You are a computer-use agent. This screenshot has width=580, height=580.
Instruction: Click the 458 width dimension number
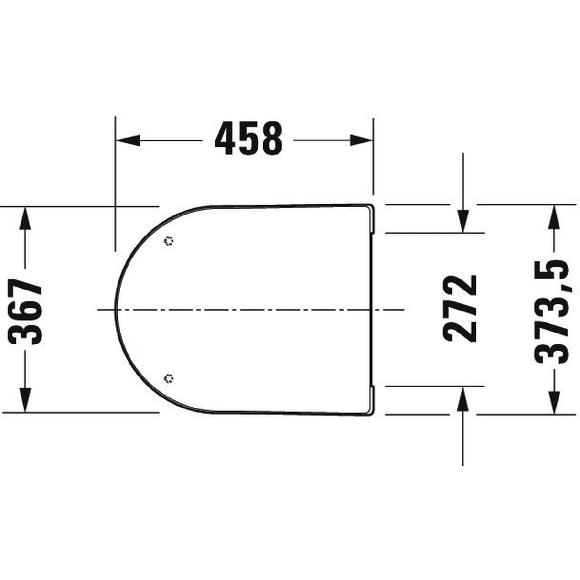[x=248, y=139]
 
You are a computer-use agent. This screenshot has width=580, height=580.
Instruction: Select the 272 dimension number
[x=460, y=308]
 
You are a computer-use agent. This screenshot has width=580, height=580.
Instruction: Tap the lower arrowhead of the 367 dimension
[x=25, y=399]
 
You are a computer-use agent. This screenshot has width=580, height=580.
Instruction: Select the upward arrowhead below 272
[x=462, y=397]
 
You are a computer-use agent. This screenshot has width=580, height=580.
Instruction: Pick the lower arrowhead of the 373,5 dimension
[x=554, y=402]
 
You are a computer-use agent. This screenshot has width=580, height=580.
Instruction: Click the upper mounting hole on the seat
[x=169, y=241]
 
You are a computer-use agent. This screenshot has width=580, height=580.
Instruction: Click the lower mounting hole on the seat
[x=169, y=379]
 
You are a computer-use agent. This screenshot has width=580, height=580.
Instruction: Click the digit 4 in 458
[x=225, y=139]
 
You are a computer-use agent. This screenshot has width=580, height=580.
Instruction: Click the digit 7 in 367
[x=26, y=289]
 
